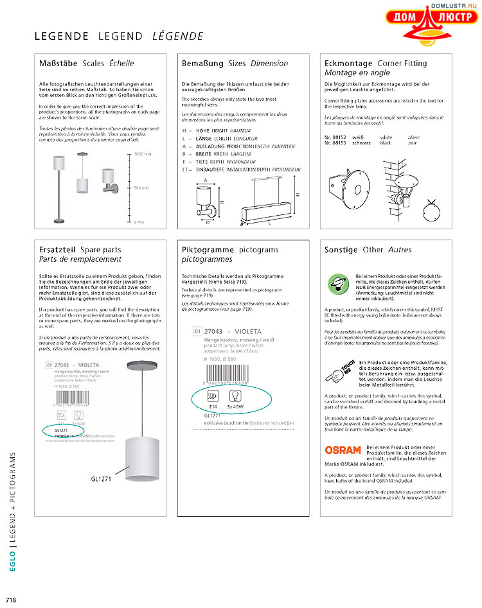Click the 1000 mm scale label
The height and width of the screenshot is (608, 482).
tap(143, 155)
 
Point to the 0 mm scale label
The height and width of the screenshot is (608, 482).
tap(139, 221)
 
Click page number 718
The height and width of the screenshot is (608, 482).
tap(10, 599)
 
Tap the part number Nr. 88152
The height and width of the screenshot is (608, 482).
tap(335, 137)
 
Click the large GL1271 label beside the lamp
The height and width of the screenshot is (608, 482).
tap(102, 479)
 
